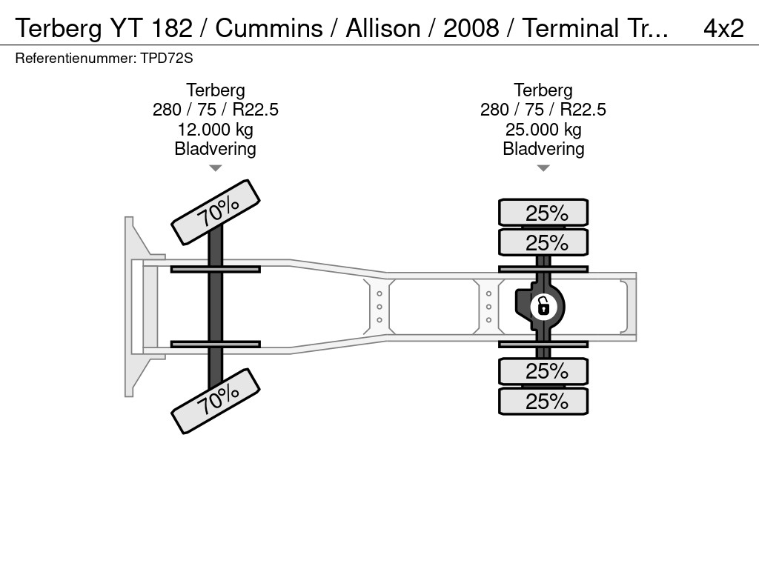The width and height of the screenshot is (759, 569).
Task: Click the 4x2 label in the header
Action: click(x=723, y=28)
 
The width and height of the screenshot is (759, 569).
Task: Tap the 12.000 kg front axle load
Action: click(x=215, y=130)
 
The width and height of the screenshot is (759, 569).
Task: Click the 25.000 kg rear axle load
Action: click(x=543, y=130)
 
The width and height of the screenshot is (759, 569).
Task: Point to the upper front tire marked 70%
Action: click(x=216, y=211)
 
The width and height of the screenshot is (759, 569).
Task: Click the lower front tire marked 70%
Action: click(x=216, y=403)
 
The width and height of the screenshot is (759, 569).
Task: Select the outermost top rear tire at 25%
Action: click(x=543, y=213)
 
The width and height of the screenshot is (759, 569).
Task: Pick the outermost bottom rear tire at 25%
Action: click(x=543, y=402)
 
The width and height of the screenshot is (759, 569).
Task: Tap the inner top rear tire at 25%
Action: click(x=543, y=242)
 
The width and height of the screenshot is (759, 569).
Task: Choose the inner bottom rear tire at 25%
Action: click(x=543, y=371)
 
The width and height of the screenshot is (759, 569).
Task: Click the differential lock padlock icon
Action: click(x=543, y=305)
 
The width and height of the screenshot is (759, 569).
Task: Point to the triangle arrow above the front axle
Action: click(x=215, y=168)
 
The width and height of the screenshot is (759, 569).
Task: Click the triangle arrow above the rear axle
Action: click(x=543, y=168)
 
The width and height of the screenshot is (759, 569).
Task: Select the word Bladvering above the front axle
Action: click(x=215, y=149)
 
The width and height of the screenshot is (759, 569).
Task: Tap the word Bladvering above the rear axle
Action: click(x=543, y=149)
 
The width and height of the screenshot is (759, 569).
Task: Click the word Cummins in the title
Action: click(x=269, y=28)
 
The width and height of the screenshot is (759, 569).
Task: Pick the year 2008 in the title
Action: click(x=471, y=28)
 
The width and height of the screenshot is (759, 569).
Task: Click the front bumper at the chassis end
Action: click(x=133, y=305)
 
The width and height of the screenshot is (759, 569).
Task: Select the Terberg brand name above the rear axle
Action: click(x=543, y=90)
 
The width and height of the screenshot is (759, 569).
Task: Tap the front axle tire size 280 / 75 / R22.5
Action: click(x=215, y=110)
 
